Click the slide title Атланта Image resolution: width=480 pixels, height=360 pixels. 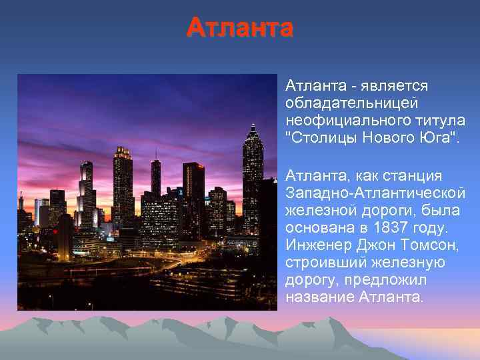(x=239, y=28)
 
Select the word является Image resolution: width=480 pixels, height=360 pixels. (x=395, y=86)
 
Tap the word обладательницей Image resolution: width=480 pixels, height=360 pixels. (x=351, y=103)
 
